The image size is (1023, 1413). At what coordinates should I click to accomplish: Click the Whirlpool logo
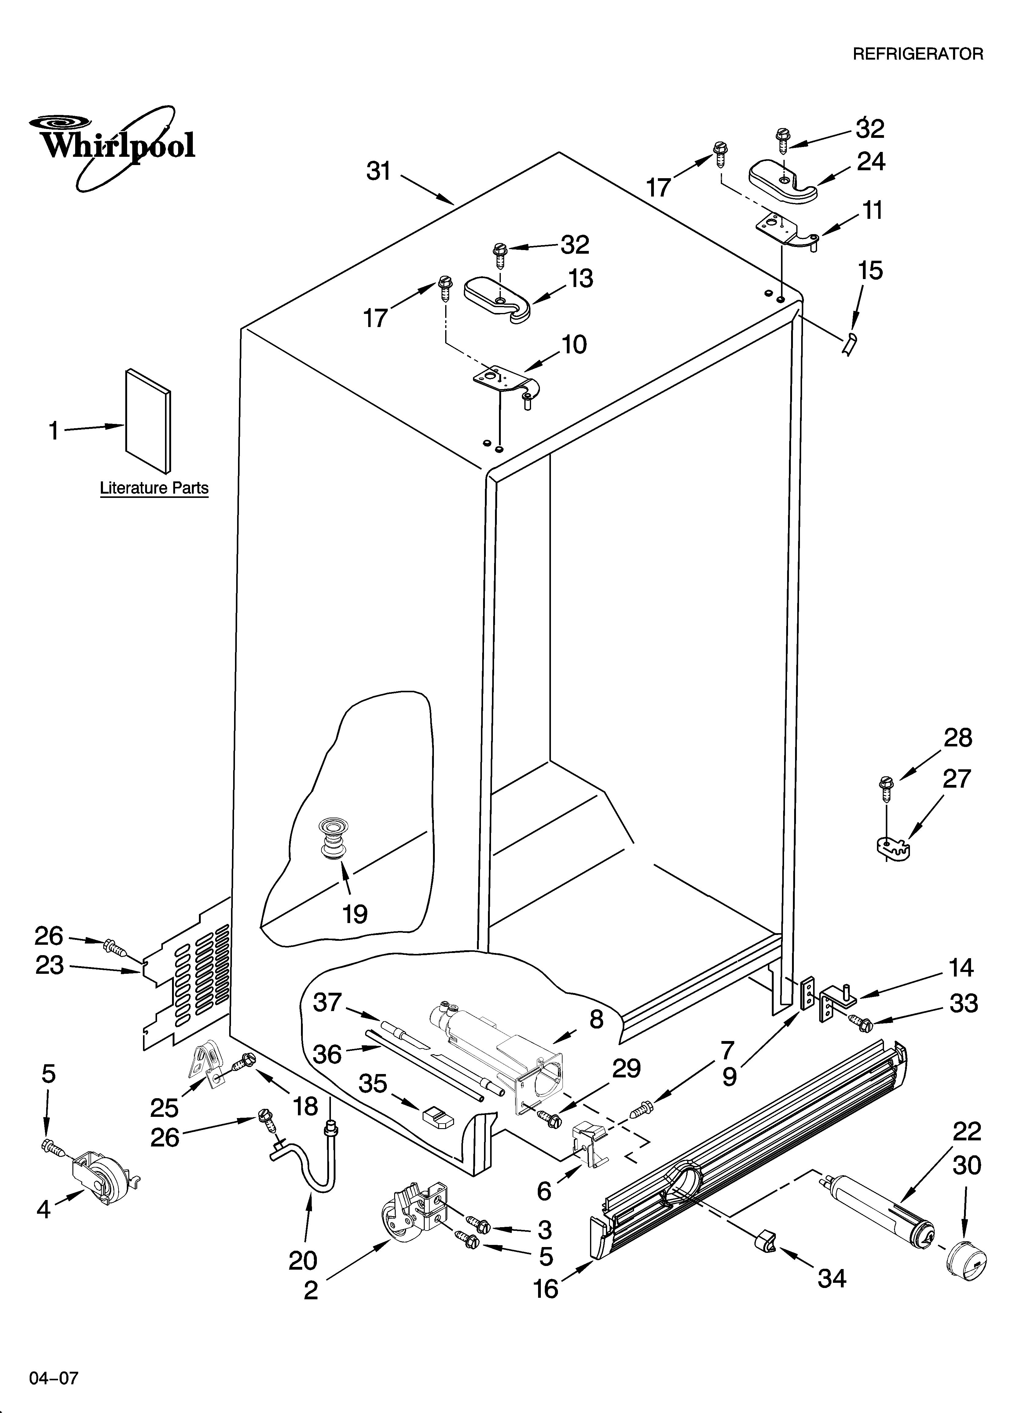click(x=112, y=146)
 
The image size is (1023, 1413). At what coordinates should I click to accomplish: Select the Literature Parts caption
click(x=154, y=488)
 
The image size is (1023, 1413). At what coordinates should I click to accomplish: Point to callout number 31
click(x=378, y=171)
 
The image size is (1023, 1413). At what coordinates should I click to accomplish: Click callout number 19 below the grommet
click(x=354, y=914)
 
